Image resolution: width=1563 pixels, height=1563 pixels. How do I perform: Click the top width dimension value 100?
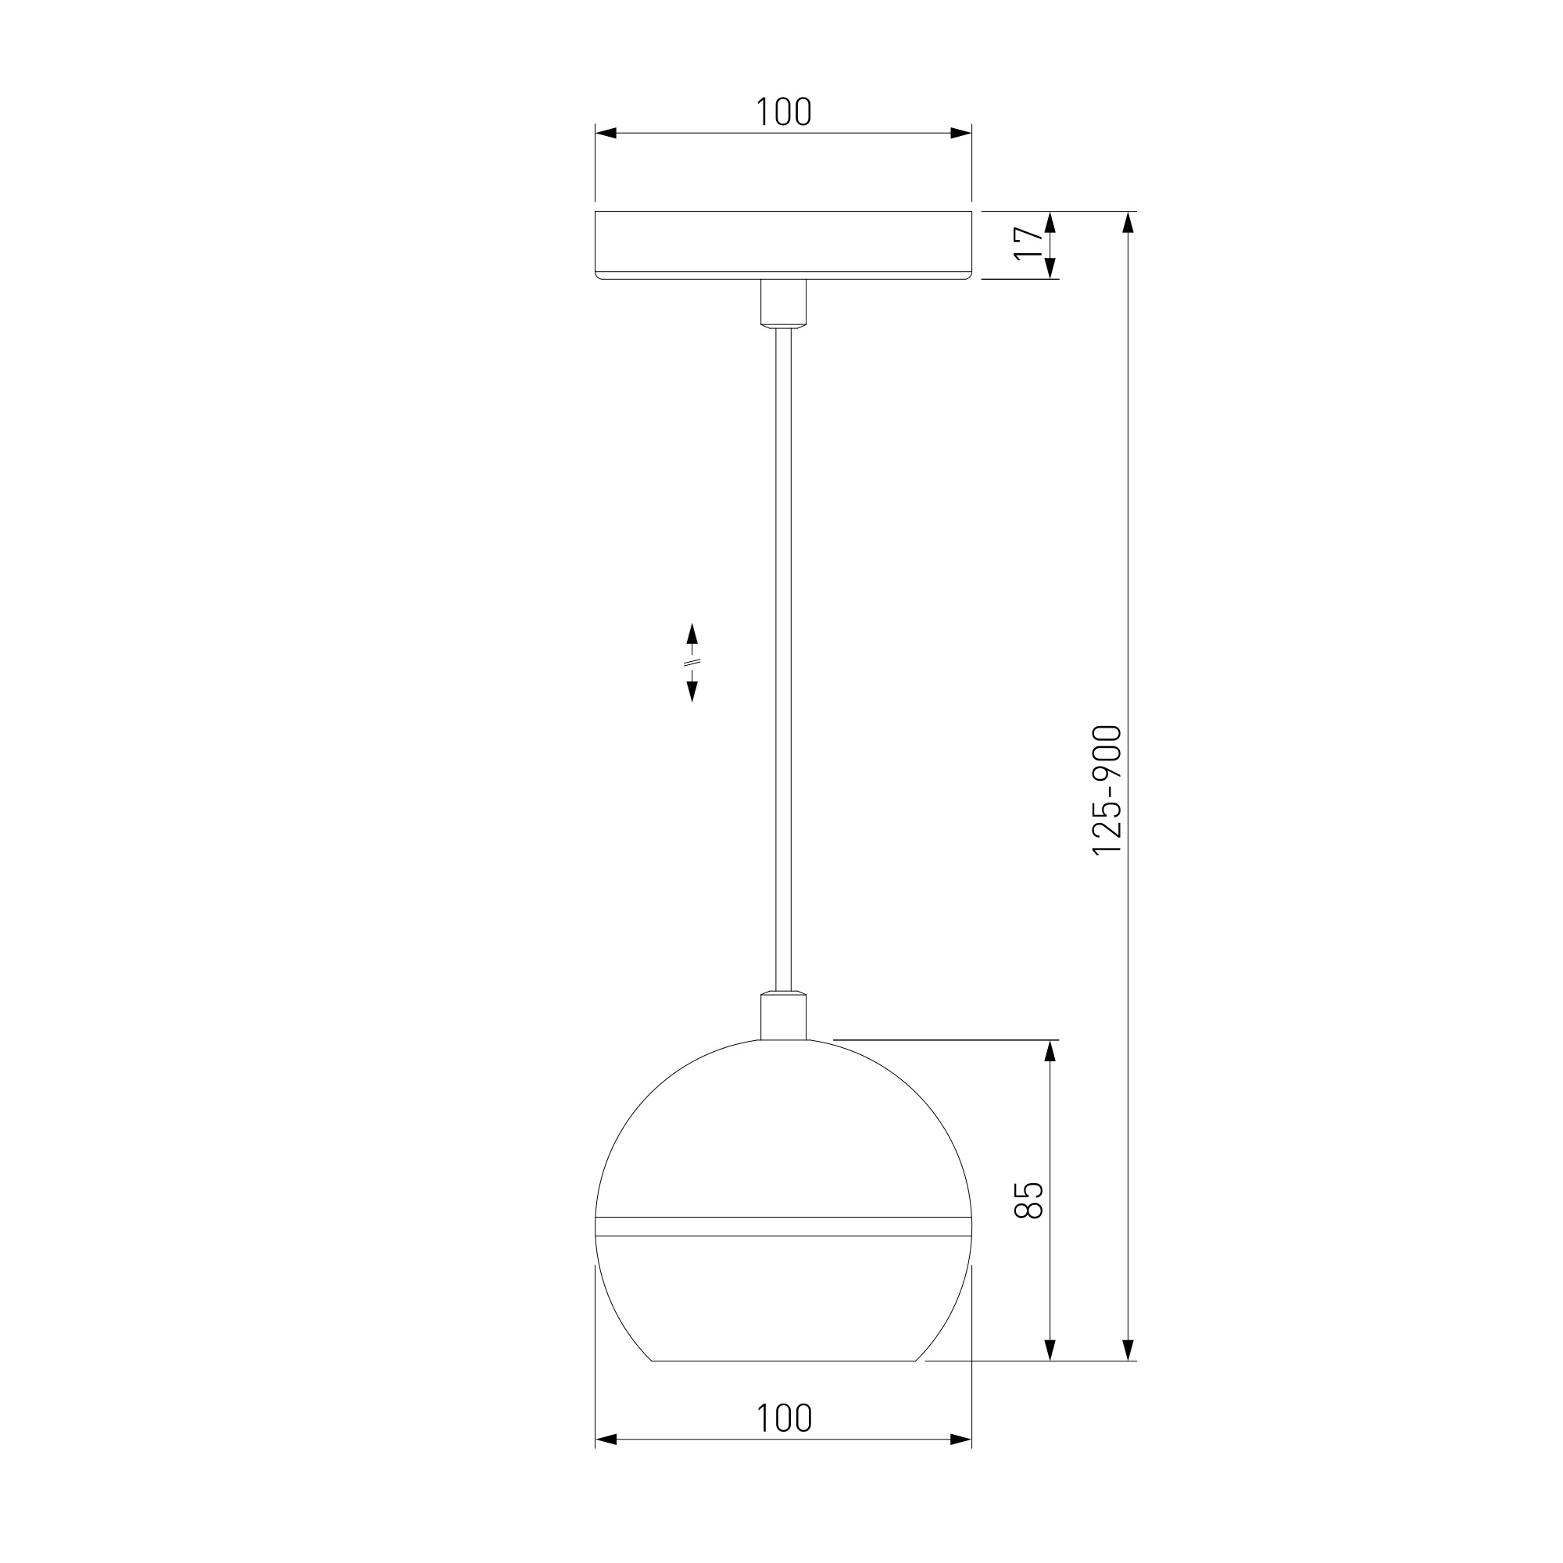783,113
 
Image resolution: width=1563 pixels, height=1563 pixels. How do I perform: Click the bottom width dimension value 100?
783,1418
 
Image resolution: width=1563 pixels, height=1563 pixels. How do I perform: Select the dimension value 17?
1028,244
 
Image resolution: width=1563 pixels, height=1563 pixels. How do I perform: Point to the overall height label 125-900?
1107,789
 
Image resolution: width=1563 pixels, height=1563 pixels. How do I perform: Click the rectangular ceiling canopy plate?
783,245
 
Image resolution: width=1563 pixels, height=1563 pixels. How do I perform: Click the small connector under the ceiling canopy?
783,303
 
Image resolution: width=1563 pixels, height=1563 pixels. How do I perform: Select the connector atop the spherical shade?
783,1015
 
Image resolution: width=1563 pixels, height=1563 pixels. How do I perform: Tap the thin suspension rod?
783,660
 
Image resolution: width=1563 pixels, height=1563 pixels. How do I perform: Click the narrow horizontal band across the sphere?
783,1226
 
